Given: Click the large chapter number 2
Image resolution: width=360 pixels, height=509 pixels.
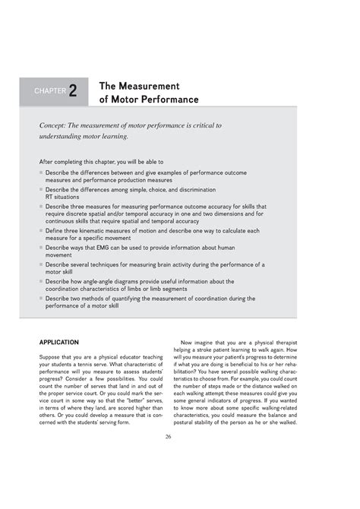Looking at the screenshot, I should pos(72,91).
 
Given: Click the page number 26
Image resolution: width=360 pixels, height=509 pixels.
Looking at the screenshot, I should pos(179,437).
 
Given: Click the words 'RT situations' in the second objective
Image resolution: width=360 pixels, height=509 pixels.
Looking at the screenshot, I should pos(63,196).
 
